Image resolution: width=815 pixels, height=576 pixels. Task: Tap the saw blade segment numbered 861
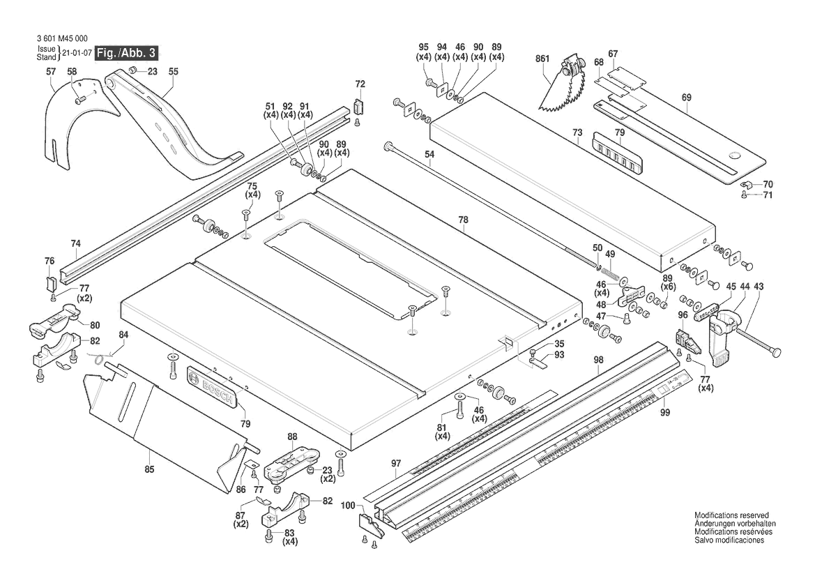[x=562, y=90]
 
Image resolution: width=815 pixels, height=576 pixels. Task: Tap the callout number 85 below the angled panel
[x=149, y=469]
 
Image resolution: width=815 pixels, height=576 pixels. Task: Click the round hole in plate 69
[x=734, y=155]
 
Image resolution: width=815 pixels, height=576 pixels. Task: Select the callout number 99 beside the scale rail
[x=664, y=413]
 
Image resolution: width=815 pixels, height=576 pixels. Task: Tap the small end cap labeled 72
[x=359, y=107]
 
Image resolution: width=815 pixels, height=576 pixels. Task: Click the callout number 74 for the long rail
[x=76, y=243]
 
